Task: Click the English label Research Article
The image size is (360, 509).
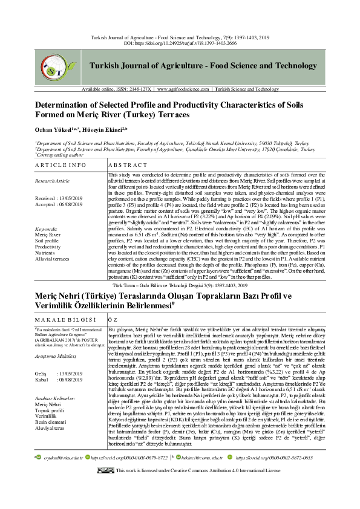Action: click(x=53, y=181)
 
